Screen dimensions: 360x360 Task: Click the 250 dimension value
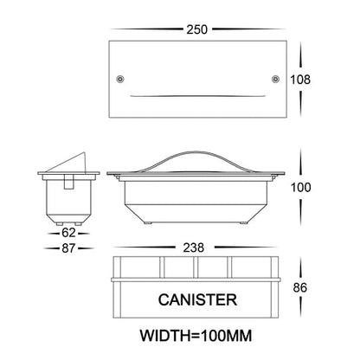tap(196, 29)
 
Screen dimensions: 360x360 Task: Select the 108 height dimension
tap(300, 80)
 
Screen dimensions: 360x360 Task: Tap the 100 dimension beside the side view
tap(300, 188)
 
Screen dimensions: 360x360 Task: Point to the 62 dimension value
tap(68, 233)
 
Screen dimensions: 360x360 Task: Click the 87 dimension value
tap(68, 248)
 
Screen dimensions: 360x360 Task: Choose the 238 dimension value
tap(194, 247)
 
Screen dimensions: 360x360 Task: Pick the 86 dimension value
tap(300, 287)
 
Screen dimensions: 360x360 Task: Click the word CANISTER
tap(197, 299)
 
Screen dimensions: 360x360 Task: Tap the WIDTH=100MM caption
tap(196, 336)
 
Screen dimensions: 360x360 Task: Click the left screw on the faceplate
tap(120, 79)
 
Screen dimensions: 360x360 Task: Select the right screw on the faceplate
tap(275, 79)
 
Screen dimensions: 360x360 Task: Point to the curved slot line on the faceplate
tap(197, 96)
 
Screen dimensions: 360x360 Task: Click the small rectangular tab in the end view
tap(68, 182)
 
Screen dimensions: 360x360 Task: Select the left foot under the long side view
tap(148, 223)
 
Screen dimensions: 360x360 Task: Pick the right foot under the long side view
tap(244, 223)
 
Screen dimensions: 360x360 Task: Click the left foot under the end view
tap(59, 223)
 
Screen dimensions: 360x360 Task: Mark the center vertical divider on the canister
tap(196, 267)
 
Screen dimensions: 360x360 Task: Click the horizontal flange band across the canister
tap(196, 280)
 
